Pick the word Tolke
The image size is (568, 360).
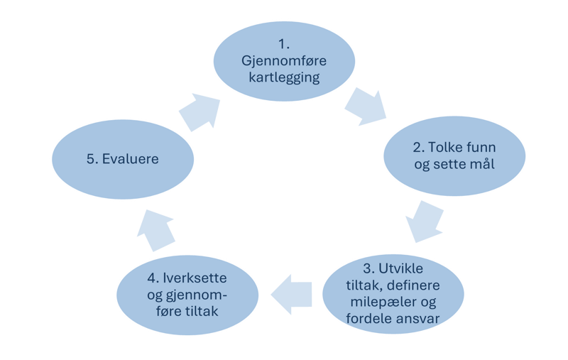pos(446,151)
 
